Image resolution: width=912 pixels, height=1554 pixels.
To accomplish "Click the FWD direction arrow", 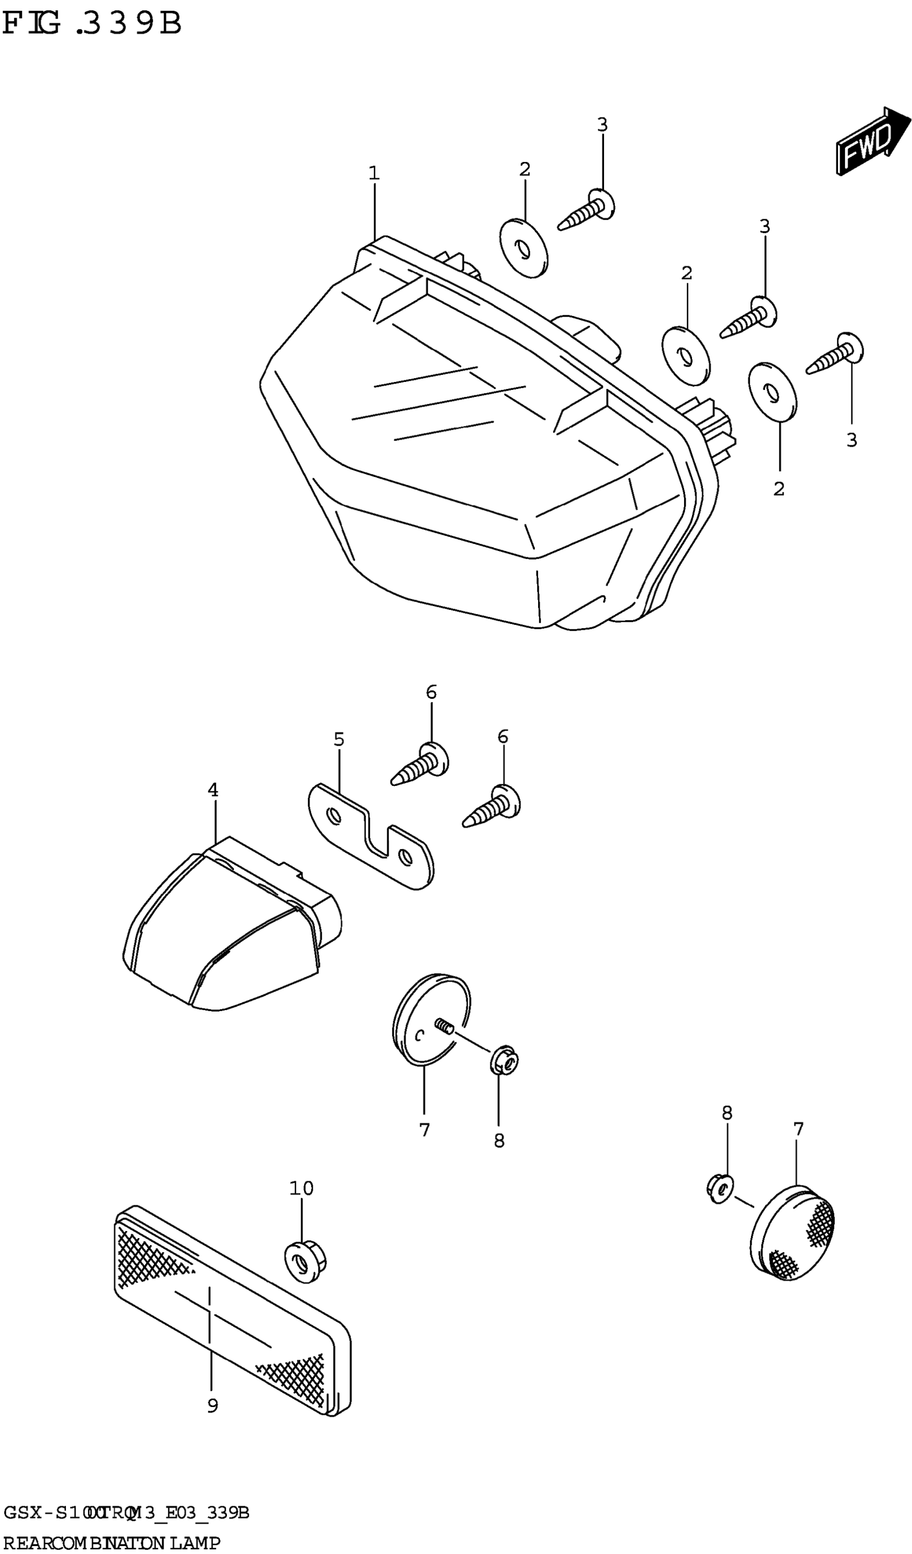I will pos(872,141).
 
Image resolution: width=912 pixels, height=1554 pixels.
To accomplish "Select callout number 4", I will pos(213,790).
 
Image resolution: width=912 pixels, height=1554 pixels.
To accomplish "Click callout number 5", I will pos(339,739).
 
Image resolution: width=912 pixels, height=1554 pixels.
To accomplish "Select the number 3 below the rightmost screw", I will pos(851,440).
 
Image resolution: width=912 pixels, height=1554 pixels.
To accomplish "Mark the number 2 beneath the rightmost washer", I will pos(779,489).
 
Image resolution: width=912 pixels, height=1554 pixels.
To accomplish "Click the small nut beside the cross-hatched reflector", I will pos(719,1188).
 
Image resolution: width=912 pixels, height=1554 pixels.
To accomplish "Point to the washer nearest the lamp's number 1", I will pos(523,248).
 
